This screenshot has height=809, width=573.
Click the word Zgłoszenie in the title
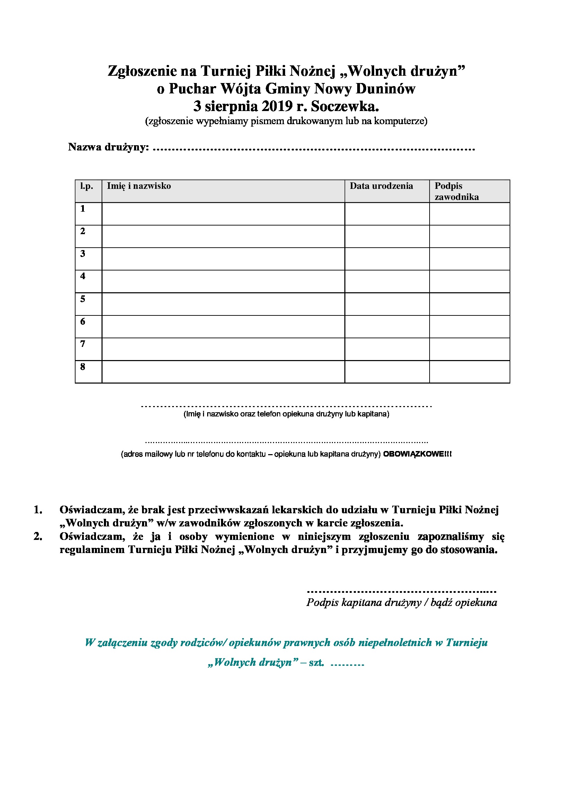click(142, 71)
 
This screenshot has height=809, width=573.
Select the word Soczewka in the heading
click(345, 106)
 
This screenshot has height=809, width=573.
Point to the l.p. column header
click(87, 186)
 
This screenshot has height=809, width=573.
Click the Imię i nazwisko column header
click(139, 186)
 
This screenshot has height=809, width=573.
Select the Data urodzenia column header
click(381, 186)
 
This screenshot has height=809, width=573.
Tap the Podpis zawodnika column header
click(456, 191)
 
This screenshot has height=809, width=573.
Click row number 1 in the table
click(82, 209)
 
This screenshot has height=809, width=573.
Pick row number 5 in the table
click(82, 299)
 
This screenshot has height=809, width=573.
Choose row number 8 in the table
click(82, 366)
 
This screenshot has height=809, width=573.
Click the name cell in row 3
click(223, 259)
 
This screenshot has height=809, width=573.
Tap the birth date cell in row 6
click(387, 327)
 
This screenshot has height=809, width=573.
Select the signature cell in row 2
click(469, 237)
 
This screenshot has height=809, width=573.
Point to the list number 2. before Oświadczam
click(38, 536)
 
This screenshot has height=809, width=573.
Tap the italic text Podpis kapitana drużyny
click(364, 603)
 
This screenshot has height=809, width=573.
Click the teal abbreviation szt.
click(316, 662)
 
